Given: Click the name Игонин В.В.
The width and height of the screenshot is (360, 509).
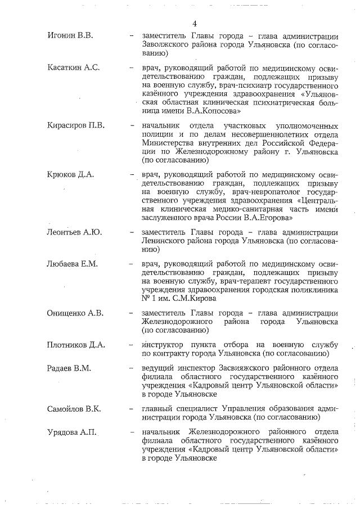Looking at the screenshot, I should coord(70,36).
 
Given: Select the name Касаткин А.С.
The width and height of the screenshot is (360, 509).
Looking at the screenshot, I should coord(74,67).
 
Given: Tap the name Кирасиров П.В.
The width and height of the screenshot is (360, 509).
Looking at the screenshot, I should coord(76,125).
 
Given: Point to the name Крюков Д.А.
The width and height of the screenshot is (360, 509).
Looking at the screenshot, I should coord(71,174).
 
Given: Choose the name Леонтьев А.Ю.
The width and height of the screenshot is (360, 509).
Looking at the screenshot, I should coord(74,232).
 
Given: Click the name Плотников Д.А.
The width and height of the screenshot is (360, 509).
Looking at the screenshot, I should coord(77,345).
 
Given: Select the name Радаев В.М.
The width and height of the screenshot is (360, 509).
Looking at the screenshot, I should coord(70,368).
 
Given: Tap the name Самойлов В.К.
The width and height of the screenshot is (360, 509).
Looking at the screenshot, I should coord(74,408).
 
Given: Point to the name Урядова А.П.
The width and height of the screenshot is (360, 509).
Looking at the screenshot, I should coord(72,431).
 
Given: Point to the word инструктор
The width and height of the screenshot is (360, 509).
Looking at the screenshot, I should coord(164,344).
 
